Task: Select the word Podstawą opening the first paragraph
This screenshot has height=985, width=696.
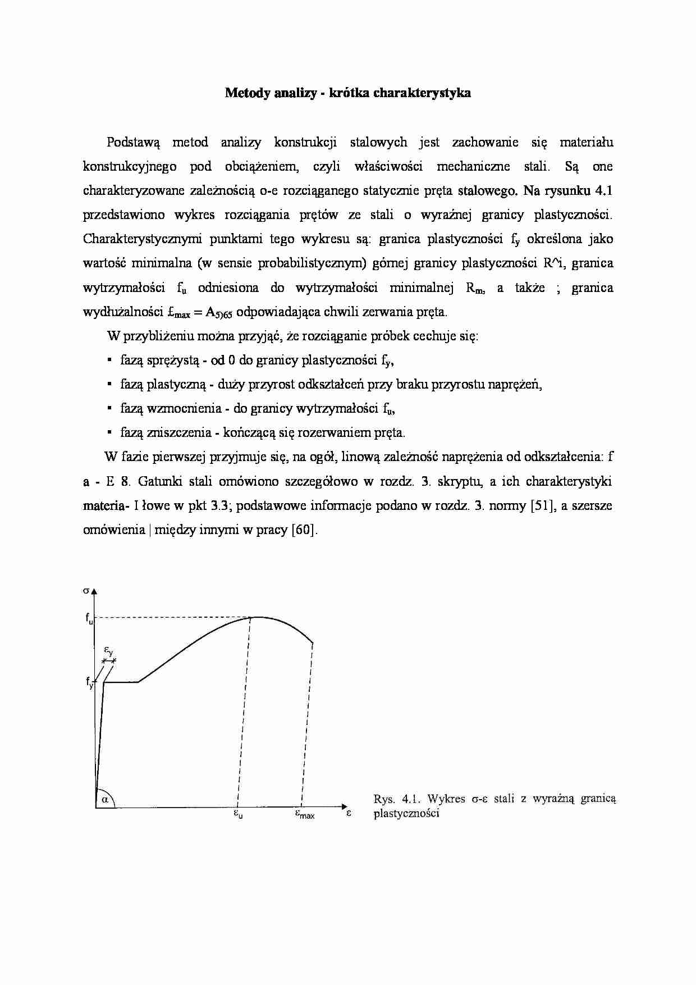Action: tap(133, 143)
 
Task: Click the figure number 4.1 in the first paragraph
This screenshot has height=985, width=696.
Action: tap(602, 191)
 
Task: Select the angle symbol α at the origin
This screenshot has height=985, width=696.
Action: tap(104, 800)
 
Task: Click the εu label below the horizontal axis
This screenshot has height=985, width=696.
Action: tap(238, 814)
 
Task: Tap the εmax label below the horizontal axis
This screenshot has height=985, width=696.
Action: tap(305, 814)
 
